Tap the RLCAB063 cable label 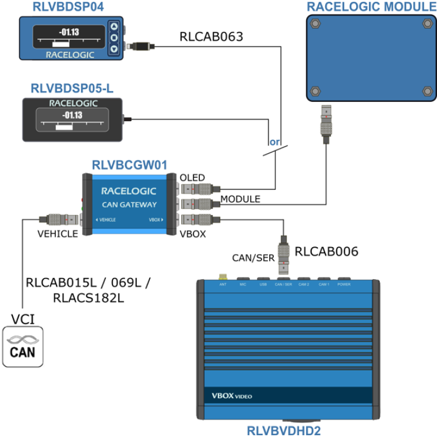pyautogui.click(x=212, y=37)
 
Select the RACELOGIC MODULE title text pyautogui.click(x=371, y=7)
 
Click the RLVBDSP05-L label pyautogui.click(x=72, y=89)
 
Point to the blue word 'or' pyautogui.click(x=274, y=142)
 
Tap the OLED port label pyautogui.click(x=192, y=178)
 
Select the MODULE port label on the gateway pyautogui.click(x=240, y=199)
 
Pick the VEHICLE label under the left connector pyautogui.click(x=57, y=234)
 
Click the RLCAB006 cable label pyautogui.click(x=326, y=252)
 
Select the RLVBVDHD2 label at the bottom pyautogui.click(x=284, y=431)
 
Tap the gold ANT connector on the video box pyautogui.click(x=222, y=278)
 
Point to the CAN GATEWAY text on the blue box pyautogui.click(x=129, y=204)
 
